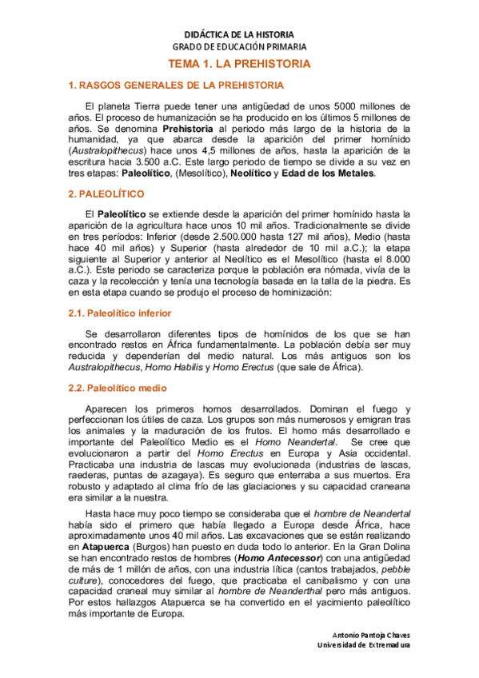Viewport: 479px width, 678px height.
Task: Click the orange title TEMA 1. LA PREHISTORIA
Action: click(x=239, y=63)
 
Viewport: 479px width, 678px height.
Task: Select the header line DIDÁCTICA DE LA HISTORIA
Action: click(x=239, y=35)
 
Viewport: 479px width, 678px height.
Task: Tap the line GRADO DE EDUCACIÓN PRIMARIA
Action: click(x=239, y=47)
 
